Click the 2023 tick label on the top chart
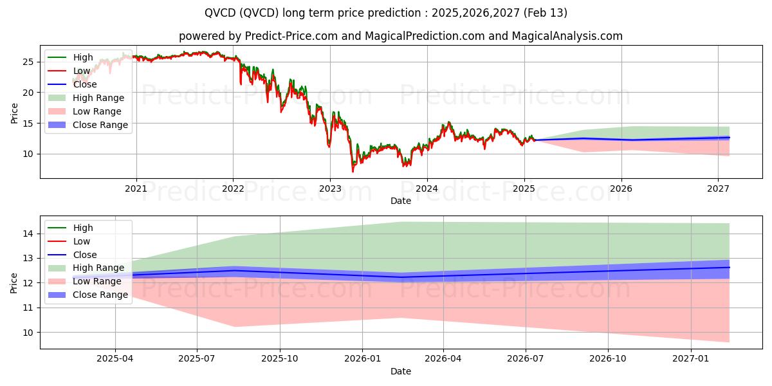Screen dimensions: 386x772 tap(330, 188)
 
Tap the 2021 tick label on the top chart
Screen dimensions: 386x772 tap(136, 188)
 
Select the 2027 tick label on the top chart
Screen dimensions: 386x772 tap(718, 188)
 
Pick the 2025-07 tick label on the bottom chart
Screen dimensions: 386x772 tap(198, 359)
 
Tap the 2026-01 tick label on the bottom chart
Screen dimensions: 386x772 tap(362, 359)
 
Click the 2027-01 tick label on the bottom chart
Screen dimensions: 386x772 tap(691, 359)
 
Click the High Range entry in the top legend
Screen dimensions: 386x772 tap(98, 98)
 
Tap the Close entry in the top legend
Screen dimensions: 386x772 tap(85, 84)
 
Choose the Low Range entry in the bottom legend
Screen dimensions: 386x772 tap(97, 281)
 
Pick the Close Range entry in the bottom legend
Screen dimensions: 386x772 tap(100, 295)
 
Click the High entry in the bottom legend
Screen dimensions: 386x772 tap(83, 228)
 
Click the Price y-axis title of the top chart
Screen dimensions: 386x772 tap(14, 113)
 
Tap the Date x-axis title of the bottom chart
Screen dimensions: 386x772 tap(400, 371)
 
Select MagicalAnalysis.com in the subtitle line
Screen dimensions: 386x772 tap(567, 36)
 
